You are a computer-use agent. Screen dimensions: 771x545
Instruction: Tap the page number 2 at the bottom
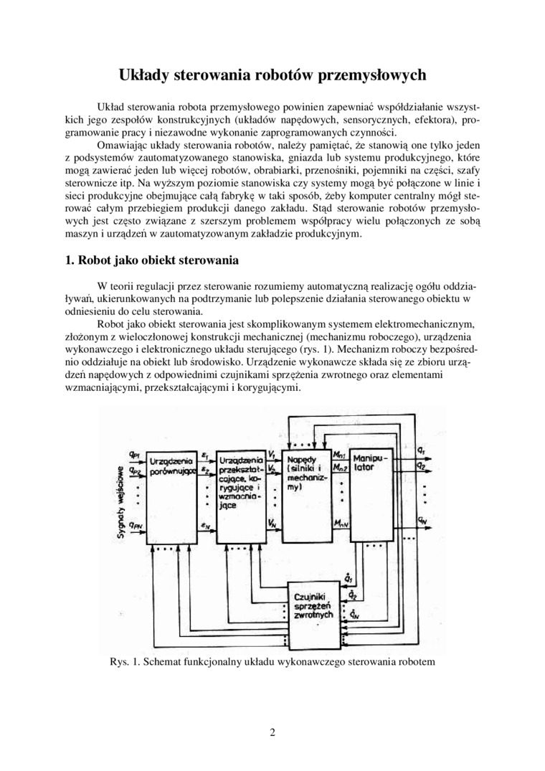[272, 732]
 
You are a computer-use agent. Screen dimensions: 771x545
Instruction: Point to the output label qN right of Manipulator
[423, 519]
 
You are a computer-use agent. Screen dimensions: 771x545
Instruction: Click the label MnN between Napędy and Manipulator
[341, 526]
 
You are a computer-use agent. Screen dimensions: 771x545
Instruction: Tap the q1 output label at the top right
[421, 450]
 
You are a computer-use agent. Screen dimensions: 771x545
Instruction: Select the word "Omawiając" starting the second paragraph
[129, 145]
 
